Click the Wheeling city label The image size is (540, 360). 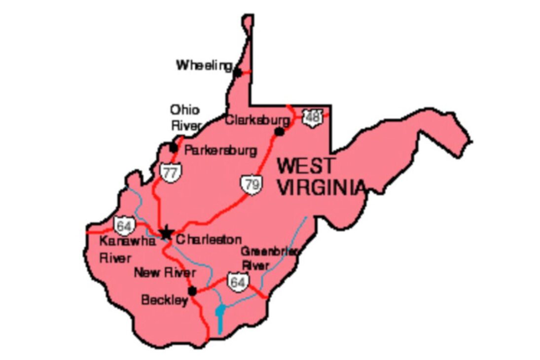point(204,65)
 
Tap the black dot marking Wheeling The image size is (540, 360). point(237,72)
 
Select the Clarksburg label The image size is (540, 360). point(257,120)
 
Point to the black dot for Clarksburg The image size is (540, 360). point(279,131)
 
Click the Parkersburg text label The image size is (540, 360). point(220,150)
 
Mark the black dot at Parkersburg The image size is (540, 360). point(174,147)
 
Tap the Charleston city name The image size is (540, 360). point(209,240)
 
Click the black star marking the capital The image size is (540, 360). point(166,232)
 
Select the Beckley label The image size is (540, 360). point(164,300)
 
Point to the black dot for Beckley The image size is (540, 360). point(192,291)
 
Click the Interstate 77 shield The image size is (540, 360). point(170,173)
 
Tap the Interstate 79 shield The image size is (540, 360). point(251,185)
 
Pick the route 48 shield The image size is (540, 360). point(312,117)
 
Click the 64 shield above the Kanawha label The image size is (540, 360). point(124,226)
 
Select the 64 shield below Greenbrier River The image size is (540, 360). point(237,282)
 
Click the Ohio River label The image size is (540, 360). point(185,117)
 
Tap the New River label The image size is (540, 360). point(165,273)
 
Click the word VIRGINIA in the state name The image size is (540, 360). point(321,187)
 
